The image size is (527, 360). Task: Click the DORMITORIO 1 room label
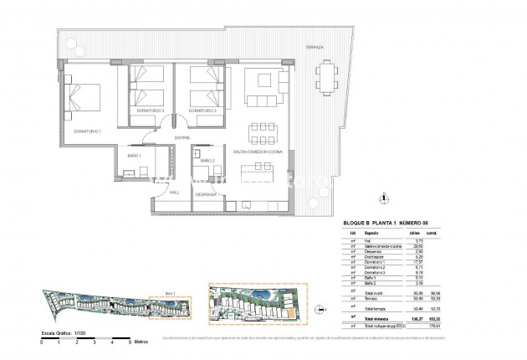[x=88, y=131]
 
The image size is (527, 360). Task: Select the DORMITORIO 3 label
[x=203, y=111]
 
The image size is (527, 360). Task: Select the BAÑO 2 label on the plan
[x=207, y=160]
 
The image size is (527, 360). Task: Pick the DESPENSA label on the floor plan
[x=206, y=194]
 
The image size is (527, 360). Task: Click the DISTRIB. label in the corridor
[x=181, y=138]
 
